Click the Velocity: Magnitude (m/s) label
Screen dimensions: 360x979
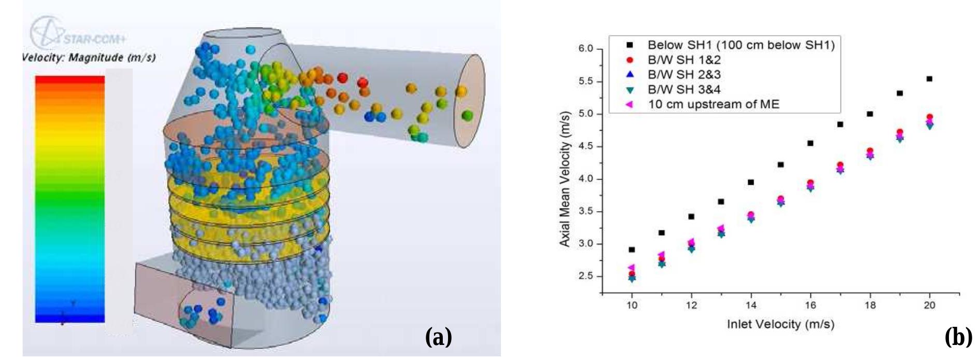tap(89, 58)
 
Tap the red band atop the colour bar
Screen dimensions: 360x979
tap(70, 79)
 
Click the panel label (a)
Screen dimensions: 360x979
tap(438, 338)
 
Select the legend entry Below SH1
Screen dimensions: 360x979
tap(740, 45)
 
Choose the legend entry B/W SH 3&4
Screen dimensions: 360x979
tap(684, 89)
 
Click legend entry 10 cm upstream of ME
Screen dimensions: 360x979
tap(713, 104)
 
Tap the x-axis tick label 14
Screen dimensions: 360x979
tap(751, 305)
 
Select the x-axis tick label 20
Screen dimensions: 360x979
tap(929, 305)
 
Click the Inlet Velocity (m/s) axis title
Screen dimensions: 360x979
tap(780, 324)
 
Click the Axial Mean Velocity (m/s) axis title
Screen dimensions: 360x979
tap(565, 178)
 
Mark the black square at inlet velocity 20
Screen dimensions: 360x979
tap(929, 79)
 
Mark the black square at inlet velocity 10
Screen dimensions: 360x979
tap(632, 250)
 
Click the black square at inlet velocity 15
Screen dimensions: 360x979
tap(780, 164)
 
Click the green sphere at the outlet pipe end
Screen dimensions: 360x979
tap(467, 115)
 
